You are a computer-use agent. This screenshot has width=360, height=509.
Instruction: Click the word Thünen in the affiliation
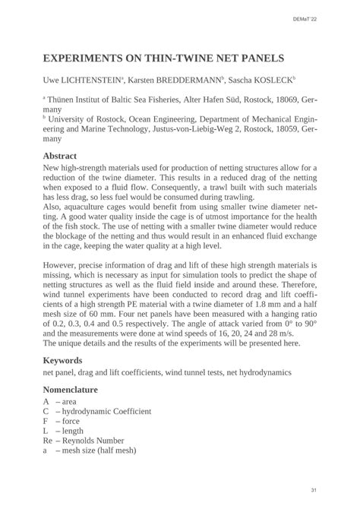tap(65, 100)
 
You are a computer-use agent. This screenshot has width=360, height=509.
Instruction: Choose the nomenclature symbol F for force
tap(46, 420)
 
